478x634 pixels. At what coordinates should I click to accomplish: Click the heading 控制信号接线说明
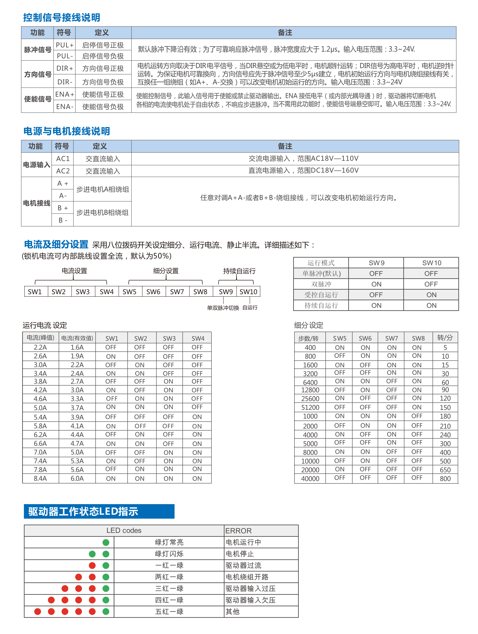click(62, 17)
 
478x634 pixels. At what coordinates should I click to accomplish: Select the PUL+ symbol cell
click(64, 45)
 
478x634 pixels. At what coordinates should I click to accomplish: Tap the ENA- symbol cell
click(64, 107)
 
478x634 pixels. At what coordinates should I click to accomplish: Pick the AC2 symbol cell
click(63, 171)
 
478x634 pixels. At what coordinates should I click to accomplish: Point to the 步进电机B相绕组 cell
click(102, 213)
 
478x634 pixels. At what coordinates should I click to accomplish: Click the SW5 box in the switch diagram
click(129, 292)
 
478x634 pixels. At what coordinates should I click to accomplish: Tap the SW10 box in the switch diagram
click(248, 292)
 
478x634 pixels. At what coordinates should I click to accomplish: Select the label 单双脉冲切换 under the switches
click(223, 308)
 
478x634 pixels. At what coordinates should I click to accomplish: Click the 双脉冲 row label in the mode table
click(321, 284)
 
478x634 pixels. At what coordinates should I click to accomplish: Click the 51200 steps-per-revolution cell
click(310, 407)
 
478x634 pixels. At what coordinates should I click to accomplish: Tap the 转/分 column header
click(445, 338)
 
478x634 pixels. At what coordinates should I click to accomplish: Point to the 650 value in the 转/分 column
click(445, 470)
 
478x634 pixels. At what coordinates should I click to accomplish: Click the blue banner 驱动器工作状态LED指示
click(99, 511)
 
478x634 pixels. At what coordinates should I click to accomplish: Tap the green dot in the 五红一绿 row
click(106, 612)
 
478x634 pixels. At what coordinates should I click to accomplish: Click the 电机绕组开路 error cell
click(247, 577)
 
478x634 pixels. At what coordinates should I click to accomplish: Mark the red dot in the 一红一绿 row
click(92, 566)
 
